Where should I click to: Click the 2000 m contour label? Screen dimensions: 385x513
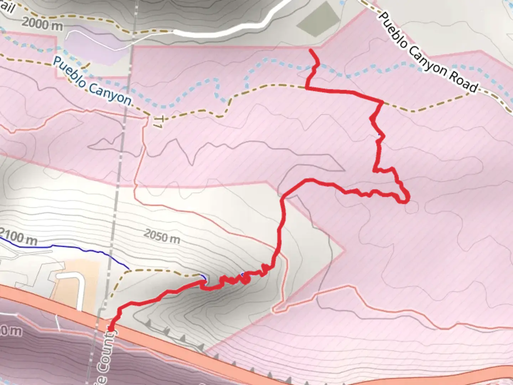tap(42, 24)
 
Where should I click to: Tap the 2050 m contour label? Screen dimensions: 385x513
tap(162, 236)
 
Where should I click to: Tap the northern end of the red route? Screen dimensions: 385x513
tap(311, 51)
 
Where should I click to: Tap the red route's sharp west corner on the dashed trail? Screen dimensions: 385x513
tap(306, 87)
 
